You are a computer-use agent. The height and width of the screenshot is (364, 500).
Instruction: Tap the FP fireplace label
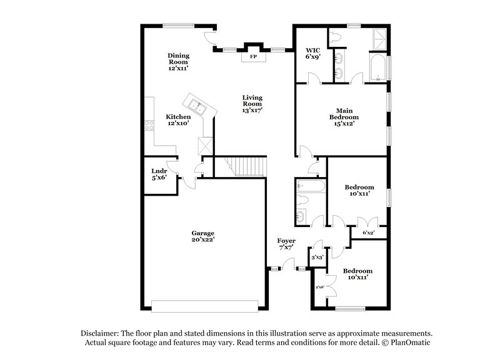(x=253, y=56)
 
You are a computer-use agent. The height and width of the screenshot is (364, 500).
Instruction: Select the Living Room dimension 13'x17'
(x=252, y=109)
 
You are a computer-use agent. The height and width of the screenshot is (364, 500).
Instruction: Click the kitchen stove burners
(x=149, y=125)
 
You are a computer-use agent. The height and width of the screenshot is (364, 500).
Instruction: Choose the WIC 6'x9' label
(x=312, y=53)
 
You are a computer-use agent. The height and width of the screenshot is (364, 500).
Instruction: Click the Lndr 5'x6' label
(x=159, y=174)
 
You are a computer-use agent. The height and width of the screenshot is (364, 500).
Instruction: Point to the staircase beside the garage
(x=247, y=166)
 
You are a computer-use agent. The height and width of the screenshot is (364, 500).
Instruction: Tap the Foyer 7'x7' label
(x=286, y=244)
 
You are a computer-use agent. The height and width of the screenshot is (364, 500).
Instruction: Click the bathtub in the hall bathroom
(x=309, y=186)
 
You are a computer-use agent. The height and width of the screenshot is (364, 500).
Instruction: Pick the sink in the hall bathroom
(x=301, y=217)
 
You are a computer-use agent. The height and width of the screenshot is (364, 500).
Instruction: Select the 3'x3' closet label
(x=317, y=257)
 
